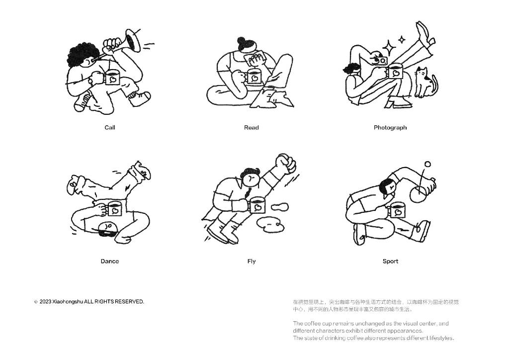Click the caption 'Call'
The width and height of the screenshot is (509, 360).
click(110, 128)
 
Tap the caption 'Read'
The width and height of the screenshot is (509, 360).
click(251, 128)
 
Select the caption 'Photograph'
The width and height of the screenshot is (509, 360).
click(390, 128)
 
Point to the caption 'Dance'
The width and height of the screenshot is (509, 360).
click(110, 262)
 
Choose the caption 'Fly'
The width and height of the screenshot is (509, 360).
click(251, 262)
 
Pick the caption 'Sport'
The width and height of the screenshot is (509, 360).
click(390, 262)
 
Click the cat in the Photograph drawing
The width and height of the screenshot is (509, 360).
click(426, 83)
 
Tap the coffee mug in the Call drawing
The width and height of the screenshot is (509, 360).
click(111, 78)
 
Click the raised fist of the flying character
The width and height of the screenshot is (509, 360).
click(286, 163)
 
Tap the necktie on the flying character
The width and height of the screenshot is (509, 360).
click(249, 193)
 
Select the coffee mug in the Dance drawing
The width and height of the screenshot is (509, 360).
click(113, 209)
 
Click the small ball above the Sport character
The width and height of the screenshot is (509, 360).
click(428, 164)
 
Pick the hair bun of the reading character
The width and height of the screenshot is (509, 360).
click(242, 41)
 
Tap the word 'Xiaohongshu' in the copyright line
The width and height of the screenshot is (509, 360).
click(68, 302)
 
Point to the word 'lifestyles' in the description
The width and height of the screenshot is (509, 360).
click(441, 338)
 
